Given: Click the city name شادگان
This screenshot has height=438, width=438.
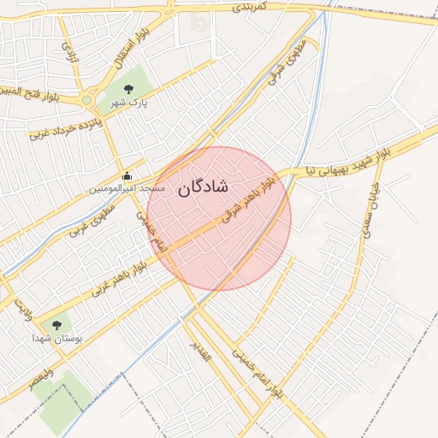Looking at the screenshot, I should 204,188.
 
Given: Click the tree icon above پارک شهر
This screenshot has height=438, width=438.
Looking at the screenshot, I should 128,88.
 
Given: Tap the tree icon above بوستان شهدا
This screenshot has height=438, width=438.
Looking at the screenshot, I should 56,325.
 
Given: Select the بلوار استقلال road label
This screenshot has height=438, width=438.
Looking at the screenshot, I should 127,48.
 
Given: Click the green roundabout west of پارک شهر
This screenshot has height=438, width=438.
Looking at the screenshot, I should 86,101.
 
